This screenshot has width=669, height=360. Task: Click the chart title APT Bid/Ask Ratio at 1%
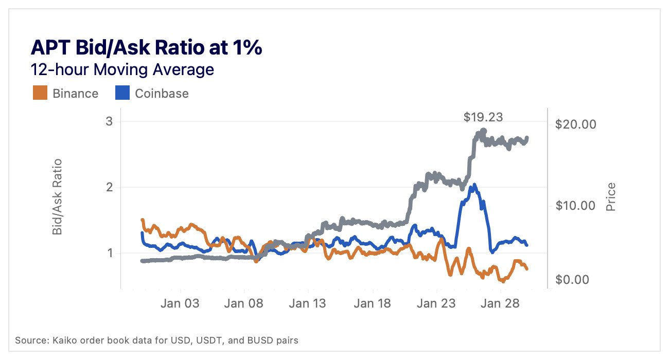tap(147, 47)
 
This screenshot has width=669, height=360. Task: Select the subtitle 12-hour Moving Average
tap(122, 69)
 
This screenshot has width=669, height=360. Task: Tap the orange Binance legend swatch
tap(40, 93)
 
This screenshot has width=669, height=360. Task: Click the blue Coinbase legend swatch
tap(122, 93)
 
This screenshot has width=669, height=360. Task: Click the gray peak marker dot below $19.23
tap(483, 131)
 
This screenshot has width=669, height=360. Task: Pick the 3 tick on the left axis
tap(110, 122)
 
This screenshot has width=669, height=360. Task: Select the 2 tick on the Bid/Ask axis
tap(110, 188)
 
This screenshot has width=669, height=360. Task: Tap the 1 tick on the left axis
tap(110, 253)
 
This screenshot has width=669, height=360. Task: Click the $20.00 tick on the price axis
tap(575, 124)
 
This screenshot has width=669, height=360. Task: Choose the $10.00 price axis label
tap(575, 206)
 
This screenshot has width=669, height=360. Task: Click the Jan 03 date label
tap(180, 303)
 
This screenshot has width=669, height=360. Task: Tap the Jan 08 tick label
tap(244, 303)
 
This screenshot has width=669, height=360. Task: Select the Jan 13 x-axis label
tap(307, 303)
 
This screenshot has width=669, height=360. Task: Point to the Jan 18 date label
tap(372, 303)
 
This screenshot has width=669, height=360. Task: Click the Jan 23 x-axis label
tap(436, 303)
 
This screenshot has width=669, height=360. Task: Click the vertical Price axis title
tap(611, 196)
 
